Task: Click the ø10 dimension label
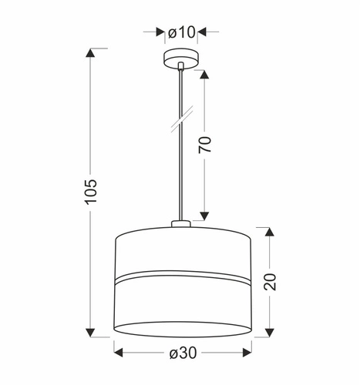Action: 182,32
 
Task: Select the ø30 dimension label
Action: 182,353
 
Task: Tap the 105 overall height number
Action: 92,192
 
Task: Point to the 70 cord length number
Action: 204,146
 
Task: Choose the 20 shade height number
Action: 269,281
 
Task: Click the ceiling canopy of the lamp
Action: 182,59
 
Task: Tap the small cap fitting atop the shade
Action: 182,224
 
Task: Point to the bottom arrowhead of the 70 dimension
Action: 204,216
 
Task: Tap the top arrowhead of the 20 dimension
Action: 269,232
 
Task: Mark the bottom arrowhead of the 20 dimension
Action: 269,333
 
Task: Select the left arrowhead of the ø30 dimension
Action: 119,353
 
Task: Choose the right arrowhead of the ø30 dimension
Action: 246,353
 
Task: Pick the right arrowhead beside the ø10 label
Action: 204,32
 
